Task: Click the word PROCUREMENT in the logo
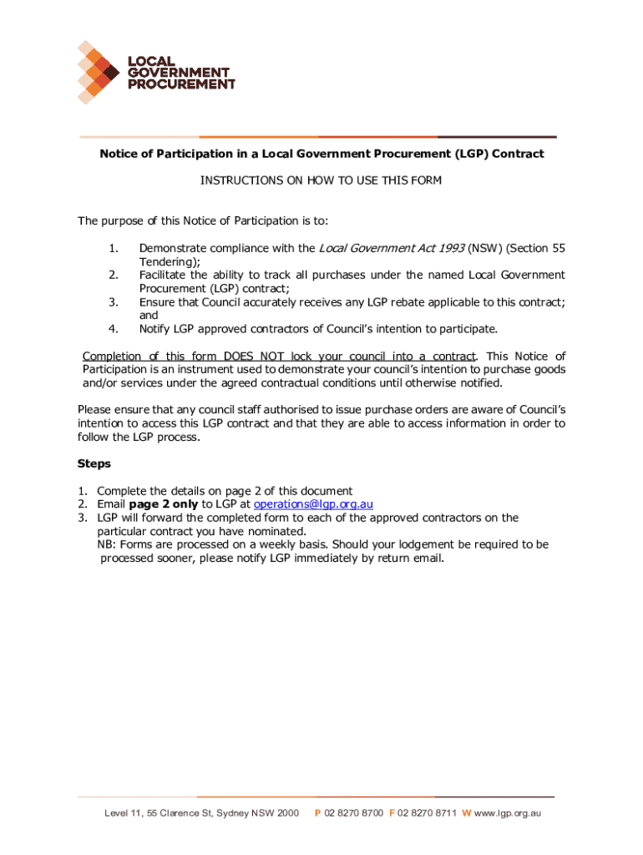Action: pyautogui.click(x=180, y=84)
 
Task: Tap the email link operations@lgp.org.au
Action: pyautogui.click(x=313, y=503)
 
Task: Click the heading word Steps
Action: pyautogui.click(x=94, y=463)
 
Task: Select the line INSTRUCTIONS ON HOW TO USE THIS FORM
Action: pyautogui.click(x=321, y=180)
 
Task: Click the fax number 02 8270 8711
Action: pyautogui.click(x=427, y=813)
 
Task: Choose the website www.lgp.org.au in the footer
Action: pyautogui.click(x=509, y=813)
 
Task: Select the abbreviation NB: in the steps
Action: pyautogui.click(x=107, y=544)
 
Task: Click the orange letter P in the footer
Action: pyautogui.click(x=317, y=813)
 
